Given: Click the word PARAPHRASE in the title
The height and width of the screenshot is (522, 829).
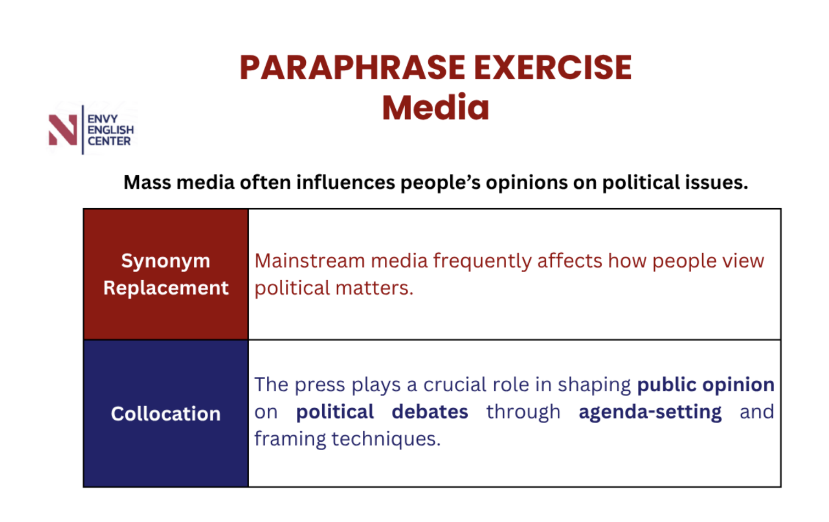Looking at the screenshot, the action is pos(352,68).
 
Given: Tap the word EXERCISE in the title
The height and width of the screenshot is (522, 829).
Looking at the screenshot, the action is pos(552,68).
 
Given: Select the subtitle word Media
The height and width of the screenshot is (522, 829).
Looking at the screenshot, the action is pos(435,108).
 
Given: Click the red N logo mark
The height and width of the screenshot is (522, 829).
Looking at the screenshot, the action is pos(63,130).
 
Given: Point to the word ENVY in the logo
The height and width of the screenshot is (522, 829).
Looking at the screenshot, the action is pos(103,119).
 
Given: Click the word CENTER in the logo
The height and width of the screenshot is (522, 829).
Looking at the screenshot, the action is pos(109,141).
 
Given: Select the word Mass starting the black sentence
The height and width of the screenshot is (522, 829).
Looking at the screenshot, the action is pos(147,182).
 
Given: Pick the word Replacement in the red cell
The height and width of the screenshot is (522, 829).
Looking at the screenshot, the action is pos(166,288).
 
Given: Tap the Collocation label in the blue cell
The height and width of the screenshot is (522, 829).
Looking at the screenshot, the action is pos(165,413).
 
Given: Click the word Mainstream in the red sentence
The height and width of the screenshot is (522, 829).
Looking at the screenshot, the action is pos(310,261).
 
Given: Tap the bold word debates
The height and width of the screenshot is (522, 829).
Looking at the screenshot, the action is pos(430,412).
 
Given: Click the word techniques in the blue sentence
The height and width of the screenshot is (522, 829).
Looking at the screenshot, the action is pos(386,440).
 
